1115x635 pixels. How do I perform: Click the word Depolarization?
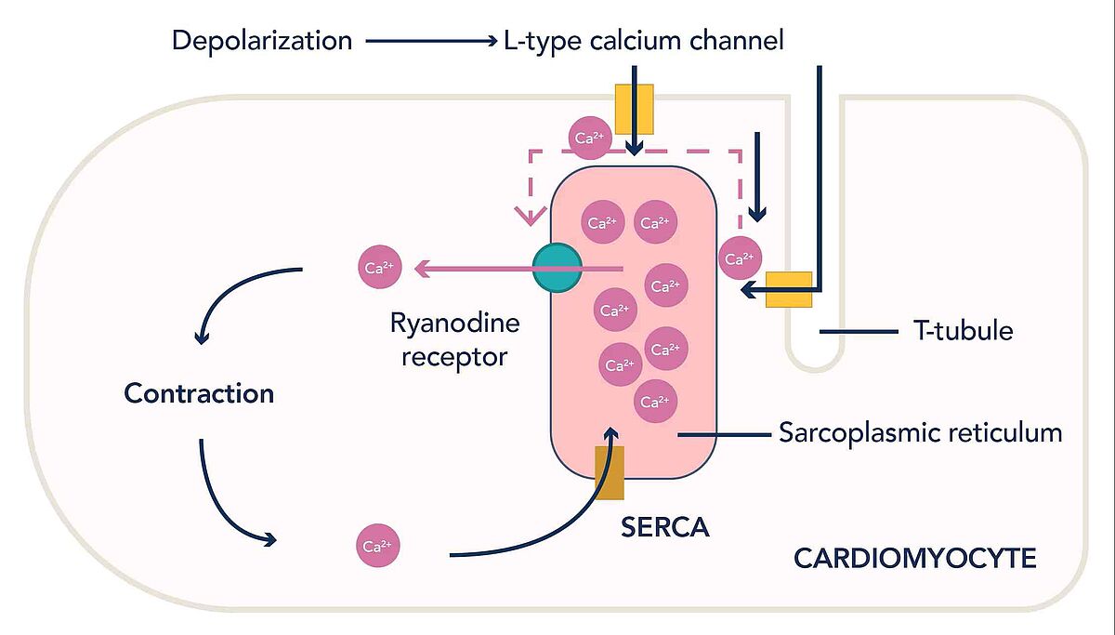coord(262,41)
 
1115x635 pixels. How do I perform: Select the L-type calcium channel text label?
coord(642,41)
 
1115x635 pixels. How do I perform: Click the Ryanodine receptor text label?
coord(454,339)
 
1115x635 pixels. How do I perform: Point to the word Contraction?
coord(199,393)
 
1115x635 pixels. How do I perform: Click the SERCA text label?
coord(664,527)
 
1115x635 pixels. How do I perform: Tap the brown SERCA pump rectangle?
coord(609,473)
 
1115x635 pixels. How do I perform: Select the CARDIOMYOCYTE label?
coord(914,559)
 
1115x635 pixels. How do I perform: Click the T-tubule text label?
coord(963,330)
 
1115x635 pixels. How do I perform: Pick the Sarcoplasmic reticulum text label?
coord(920,433)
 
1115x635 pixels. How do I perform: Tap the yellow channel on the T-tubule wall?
coord(788,289)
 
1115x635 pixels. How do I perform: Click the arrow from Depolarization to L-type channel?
coord(432,41)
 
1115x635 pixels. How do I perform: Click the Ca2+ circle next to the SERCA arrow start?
coord(379,546)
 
